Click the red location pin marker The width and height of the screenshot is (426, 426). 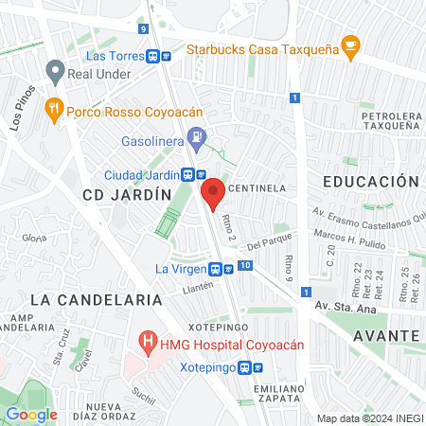214,193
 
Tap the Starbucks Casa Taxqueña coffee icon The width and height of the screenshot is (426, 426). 350,44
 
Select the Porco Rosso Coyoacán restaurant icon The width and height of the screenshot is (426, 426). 53,109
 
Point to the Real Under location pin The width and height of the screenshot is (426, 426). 56,71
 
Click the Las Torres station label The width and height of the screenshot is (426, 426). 115,56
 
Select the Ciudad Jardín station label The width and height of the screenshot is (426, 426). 141,174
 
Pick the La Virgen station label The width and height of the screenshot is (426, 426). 181,269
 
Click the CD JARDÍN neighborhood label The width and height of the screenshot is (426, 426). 127,194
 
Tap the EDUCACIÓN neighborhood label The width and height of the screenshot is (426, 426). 370,181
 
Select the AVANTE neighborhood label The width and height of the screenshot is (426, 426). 386,335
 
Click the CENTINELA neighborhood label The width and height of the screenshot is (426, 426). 258,188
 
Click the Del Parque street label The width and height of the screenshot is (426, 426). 266,244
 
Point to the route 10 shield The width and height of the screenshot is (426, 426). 245,267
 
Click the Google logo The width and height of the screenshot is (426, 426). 31,414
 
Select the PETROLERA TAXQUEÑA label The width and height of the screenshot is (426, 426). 384,120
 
